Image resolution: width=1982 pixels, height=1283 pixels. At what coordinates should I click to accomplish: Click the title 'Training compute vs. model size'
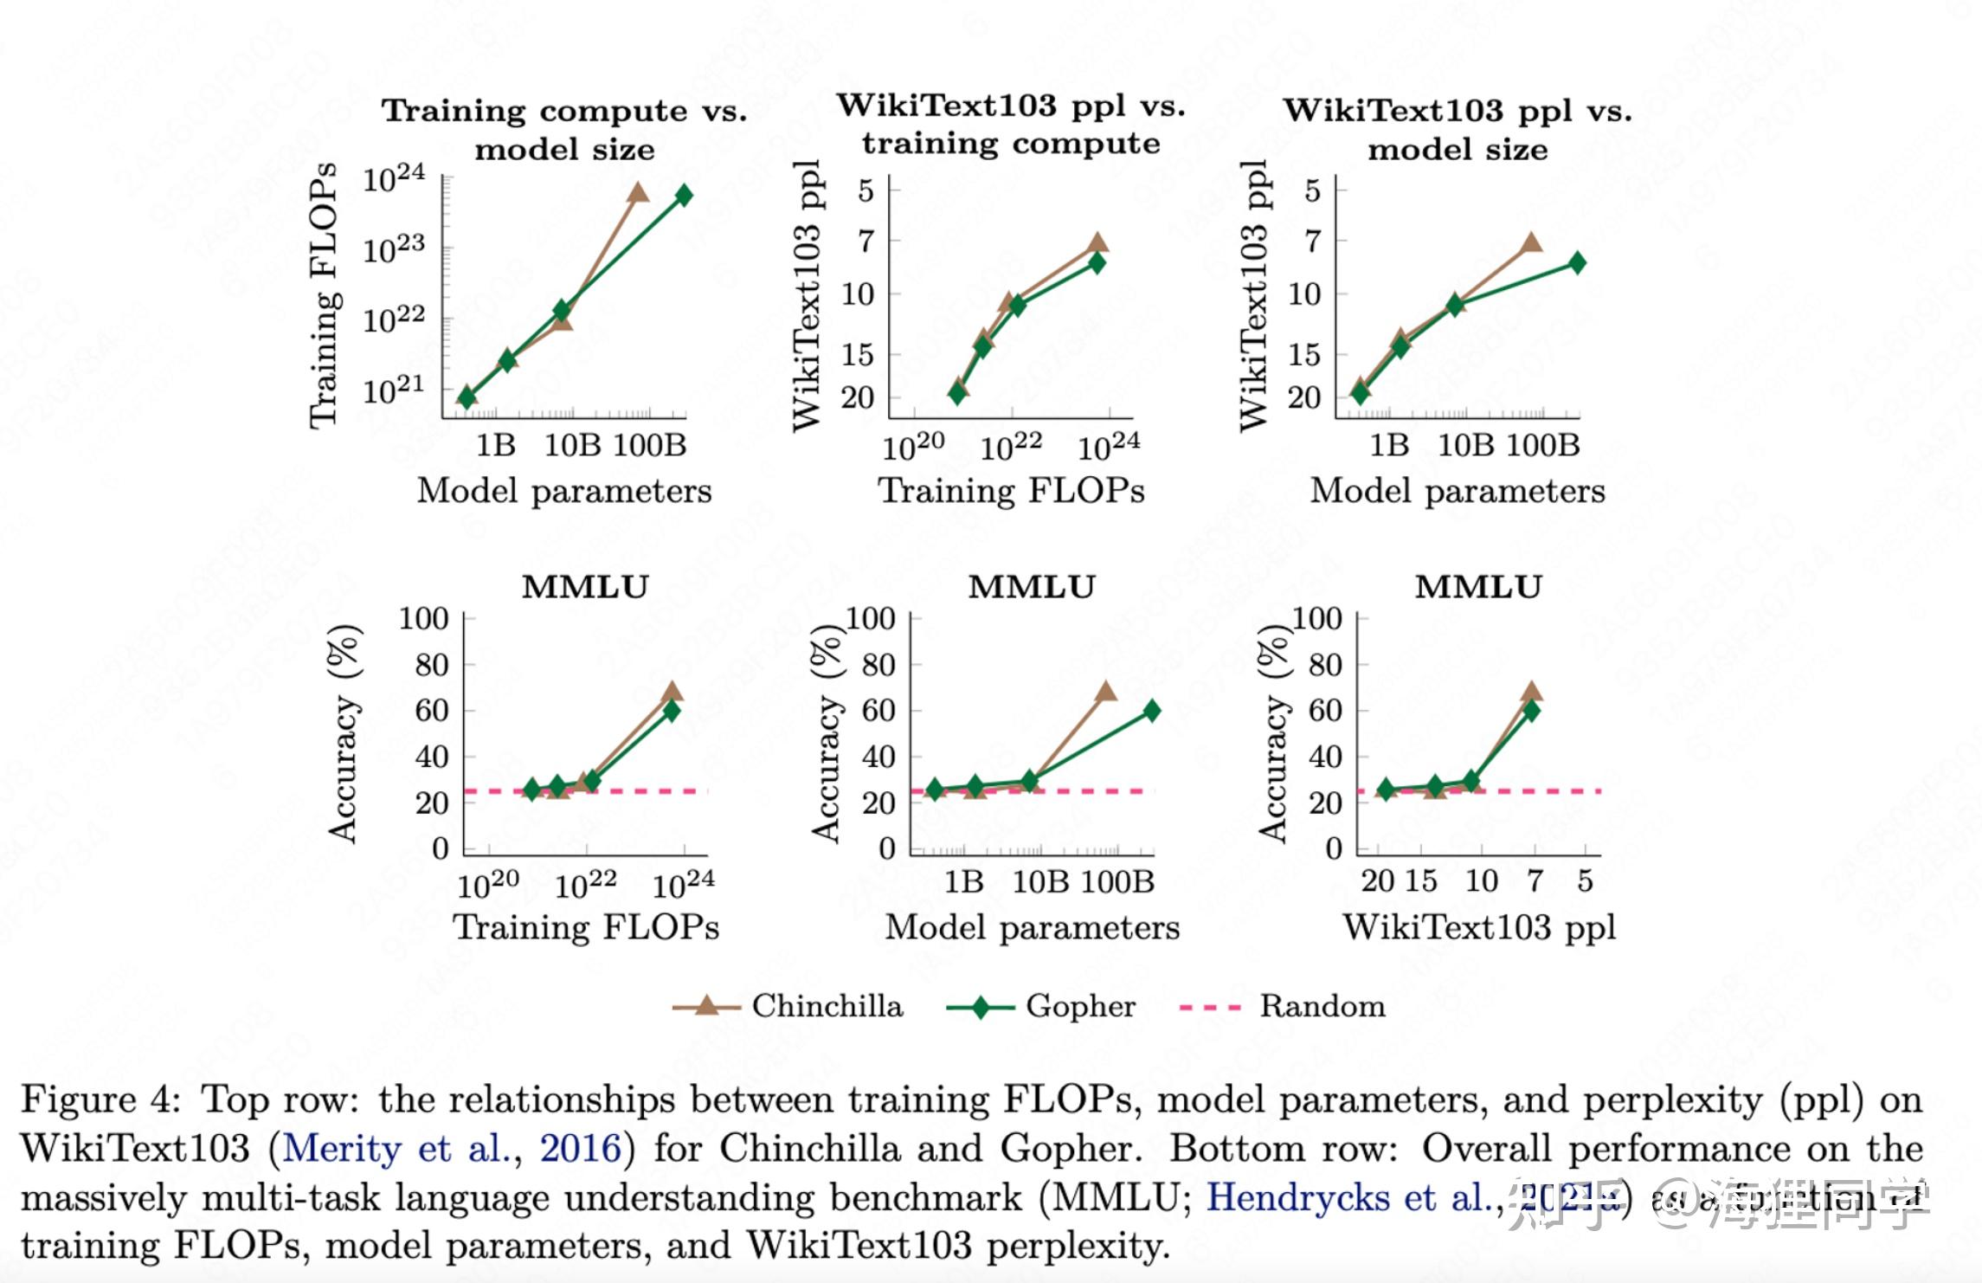pos(564,130)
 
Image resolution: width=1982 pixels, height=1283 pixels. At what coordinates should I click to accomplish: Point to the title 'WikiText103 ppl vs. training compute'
pos(1011,124)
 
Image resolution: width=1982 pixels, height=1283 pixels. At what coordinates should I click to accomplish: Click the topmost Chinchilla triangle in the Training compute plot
pos(638,192)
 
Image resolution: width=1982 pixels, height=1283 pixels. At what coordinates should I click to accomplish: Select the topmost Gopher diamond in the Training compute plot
pos(684,195)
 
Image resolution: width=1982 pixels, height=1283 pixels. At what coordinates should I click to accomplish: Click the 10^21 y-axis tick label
pos(394,391)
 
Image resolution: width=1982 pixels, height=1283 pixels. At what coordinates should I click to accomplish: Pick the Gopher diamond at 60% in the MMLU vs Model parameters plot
pos(1152,711)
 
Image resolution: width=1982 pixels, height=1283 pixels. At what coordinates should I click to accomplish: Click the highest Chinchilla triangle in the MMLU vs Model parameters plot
pos(1105,692)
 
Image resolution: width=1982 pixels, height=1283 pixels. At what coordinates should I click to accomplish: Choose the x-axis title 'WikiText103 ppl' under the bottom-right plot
pos(1479,927)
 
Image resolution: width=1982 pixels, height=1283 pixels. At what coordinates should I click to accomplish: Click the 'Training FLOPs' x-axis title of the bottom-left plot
pos(586,927)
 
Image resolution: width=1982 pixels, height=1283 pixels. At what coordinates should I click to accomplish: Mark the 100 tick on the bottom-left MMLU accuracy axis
pos(423,619)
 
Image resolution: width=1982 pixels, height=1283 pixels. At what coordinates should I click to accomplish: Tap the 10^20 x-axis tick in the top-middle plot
pos(913,448)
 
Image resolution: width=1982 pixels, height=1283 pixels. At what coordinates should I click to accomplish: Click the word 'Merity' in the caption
pos(342,1149)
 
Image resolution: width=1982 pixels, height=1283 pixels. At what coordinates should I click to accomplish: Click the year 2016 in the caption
pos(581,1149)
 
